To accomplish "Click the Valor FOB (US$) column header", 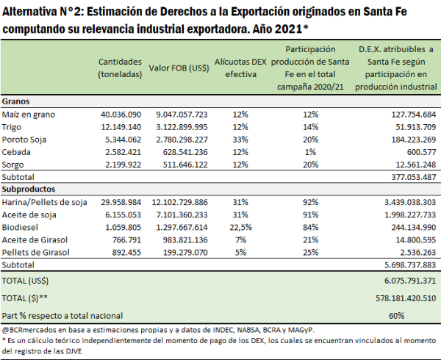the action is [x=179, y=68].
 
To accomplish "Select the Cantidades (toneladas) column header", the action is [x=120, y=68].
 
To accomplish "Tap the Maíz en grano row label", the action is [x=29, y=115].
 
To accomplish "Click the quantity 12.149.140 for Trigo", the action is [x=121, y=127].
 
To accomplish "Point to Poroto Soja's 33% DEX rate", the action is [x=240, y=140].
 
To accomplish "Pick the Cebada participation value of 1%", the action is [x=310, y=152].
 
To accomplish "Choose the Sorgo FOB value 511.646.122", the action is [x=185, y=165].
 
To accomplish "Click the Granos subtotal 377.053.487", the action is [x=414, y=177].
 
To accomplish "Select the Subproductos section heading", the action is [x=29, y=189].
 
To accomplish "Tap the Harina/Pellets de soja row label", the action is [x=44, y=202].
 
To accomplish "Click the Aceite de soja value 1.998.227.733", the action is [x=410, y=215].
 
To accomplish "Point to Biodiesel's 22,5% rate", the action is [x=241, y=227].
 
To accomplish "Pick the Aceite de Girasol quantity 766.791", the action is [x=126, y=240].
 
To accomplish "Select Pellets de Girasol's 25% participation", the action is [x=310, y=252].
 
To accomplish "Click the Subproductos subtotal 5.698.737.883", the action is [x=410, y=265].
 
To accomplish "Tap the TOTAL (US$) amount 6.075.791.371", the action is [x=410, y=281].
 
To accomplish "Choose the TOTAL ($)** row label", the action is [x=25, y=298].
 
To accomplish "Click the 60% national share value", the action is [x=397, y=316].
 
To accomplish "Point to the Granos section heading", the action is [x=15, y=101].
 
